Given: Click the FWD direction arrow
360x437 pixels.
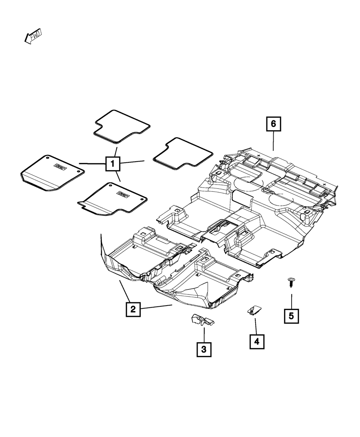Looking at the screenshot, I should click(33, 36).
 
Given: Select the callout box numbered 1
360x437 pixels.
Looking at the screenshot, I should click(113, 165).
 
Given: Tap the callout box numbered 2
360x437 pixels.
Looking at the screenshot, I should click(133, 309).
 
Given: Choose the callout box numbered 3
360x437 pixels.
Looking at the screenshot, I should click(204, 349).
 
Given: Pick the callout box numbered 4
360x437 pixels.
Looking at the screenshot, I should click(257, 341).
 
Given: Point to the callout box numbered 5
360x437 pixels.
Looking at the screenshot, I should click(291, 316).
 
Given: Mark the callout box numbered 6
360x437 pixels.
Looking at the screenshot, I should click(273, 124).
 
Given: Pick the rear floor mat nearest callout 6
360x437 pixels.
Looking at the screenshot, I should click(183, 154).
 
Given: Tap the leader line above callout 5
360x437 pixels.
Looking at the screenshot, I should click(291, 301).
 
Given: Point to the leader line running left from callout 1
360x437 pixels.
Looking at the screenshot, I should click(92, 164).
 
